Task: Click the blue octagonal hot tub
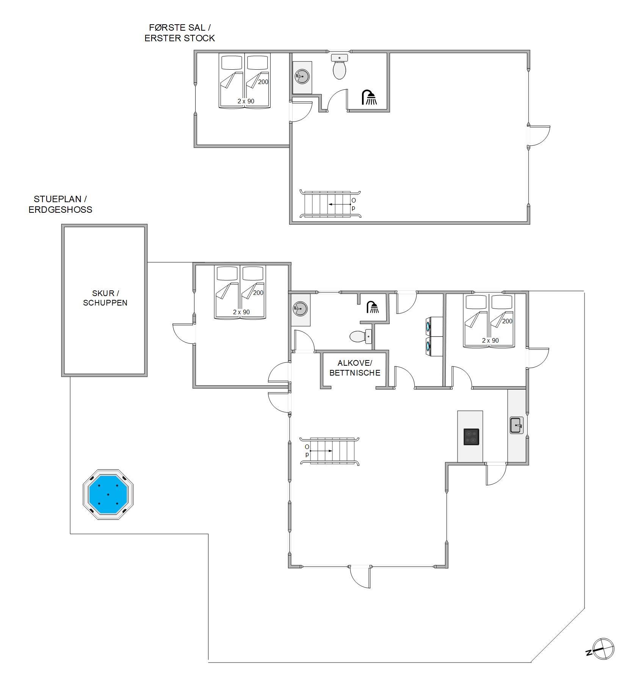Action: [108, 494]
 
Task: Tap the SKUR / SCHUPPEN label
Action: [105, 298]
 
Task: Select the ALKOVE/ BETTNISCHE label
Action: [355, 368]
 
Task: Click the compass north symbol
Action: [603, 649]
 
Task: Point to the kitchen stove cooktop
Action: [472, 437]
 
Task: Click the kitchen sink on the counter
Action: [517, 425]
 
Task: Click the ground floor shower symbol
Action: [373, 307]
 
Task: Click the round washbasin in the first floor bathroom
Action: [302, 76]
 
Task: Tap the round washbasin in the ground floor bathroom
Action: [300, 309]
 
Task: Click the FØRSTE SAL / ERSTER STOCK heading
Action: [180, 33]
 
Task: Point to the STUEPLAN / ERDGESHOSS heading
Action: [61, 204]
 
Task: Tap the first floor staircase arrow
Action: [340, 204]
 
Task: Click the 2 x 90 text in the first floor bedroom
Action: [246, 101]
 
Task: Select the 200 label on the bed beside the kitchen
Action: [507, 321]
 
